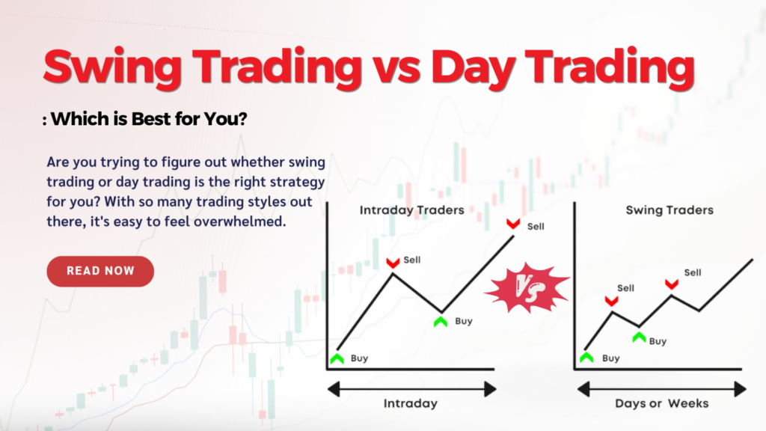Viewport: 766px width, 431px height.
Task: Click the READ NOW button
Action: [x=100, y=271]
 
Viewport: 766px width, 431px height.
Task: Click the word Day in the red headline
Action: [x=472, y=68]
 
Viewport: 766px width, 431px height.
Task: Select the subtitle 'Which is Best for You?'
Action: [x=149, y=119]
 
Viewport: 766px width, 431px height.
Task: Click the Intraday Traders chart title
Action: [x=412, y=210]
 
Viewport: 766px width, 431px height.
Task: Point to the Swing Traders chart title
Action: [x=670, y=210]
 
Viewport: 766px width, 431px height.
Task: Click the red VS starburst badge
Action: [x=527, y=288]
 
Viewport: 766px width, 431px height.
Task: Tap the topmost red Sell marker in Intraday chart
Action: [x=513, y=224]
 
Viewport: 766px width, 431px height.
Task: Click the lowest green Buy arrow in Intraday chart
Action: [x=337, y=358]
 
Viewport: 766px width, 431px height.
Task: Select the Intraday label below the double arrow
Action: [x=411, y=403]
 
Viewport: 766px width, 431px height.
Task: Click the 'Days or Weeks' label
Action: [x=661, y=403]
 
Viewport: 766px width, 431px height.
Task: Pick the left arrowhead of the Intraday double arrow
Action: [x=334, y=389]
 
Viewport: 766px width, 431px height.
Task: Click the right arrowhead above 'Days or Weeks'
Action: [x=741, y=389]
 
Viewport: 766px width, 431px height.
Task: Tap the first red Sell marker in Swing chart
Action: [x=612, y=301]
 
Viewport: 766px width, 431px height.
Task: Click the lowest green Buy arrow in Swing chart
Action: [x=586, y=358]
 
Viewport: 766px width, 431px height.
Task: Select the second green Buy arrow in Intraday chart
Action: [x=441, y=322]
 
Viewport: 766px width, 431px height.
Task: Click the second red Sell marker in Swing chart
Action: [x=672, y=284]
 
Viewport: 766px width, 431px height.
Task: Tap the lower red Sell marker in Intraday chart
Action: [x=393, y=263]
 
